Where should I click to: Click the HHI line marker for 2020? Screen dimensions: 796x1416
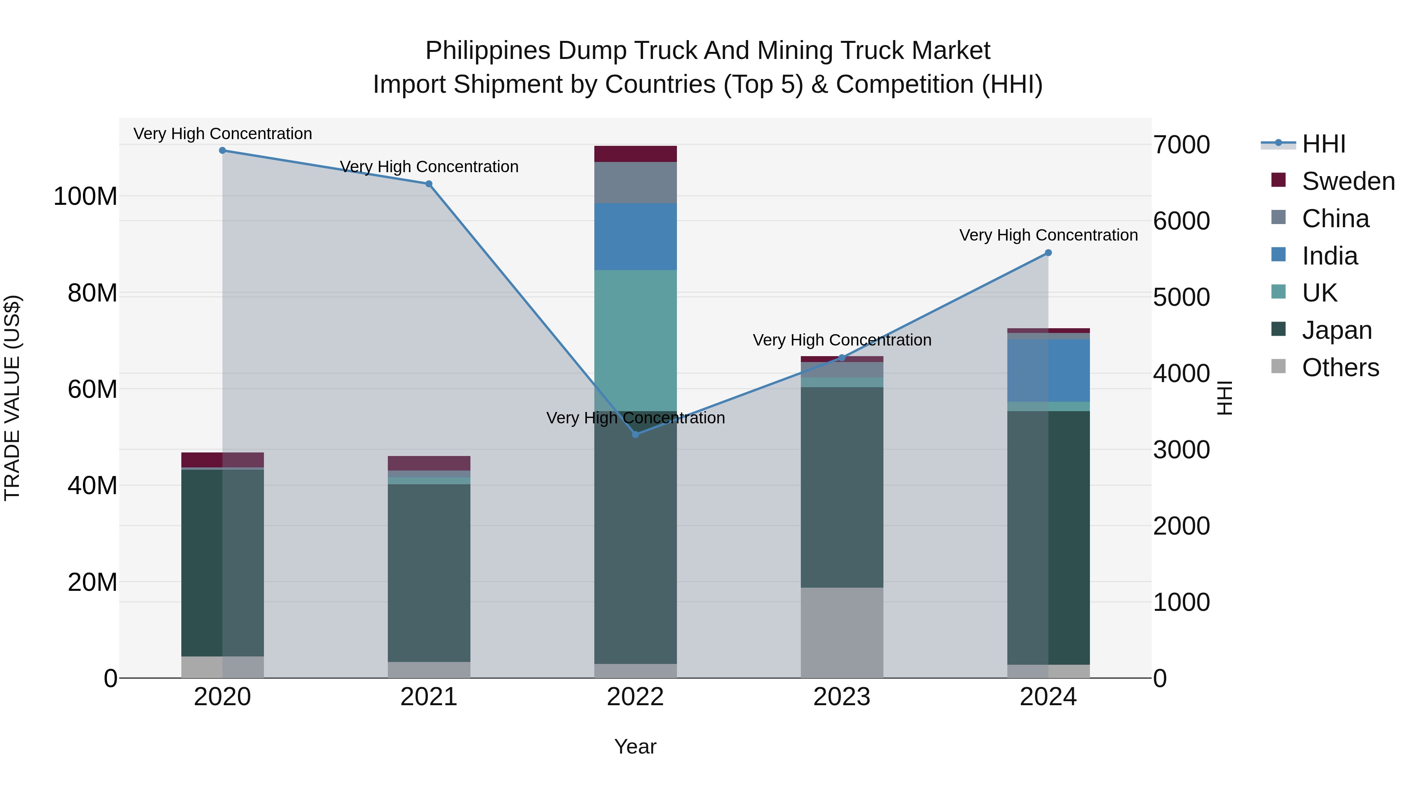[x=223, y=151]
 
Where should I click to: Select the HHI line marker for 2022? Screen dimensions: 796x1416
[x=636, y=434]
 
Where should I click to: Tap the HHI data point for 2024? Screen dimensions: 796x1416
[x=1048, y=253]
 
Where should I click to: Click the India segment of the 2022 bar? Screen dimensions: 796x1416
[x=636, y=237]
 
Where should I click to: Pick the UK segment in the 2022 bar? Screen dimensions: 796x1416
[x=636, y=340]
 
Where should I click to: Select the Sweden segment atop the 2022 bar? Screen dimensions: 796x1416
[x=636, y=154]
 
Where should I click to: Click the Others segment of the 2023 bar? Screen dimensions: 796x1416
[x=842, y=632]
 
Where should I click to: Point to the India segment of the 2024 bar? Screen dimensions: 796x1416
[x=1048, y=370]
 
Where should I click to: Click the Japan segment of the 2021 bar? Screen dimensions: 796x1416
[x=429, y=572]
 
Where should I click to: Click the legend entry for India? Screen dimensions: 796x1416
[x=1329, y=256]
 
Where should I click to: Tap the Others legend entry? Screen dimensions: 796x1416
[x=1340, y=368]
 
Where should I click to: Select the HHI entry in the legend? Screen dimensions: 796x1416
[x=1324, y=144]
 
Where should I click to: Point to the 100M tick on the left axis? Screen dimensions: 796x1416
[x=85, y=196]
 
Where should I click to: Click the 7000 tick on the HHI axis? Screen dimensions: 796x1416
[x=1181, y=145]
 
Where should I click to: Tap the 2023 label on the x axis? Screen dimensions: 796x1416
[x=842, y=697]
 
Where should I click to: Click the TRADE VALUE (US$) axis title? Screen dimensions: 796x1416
[x=12, y=398]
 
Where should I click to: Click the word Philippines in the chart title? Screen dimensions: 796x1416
[x=488, y=51]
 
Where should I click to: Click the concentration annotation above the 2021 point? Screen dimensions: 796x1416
[x=429, y=166]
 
